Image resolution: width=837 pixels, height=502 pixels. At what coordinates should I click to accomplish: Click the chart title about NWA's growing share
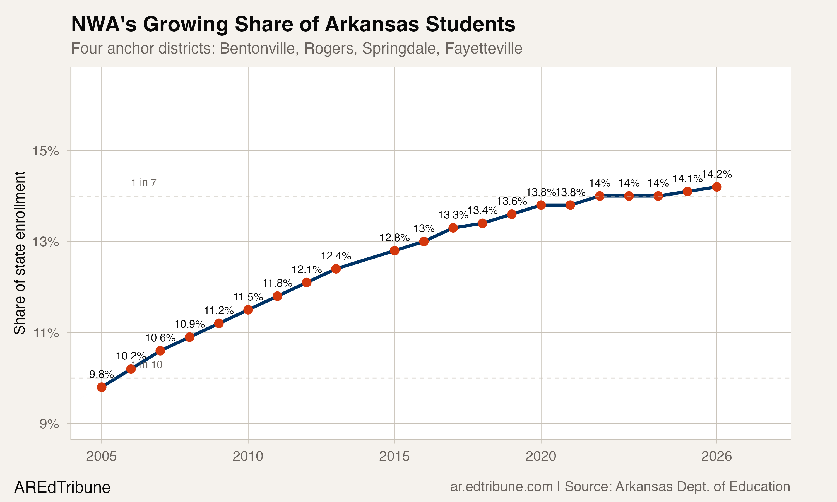click(293, 24)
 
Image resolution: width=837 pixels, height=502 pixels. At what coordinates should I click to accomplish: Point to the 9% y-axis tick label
click(49, 424)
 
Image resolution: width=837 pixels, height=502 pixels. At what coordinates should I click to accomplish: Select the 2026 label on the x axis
click(716, 456)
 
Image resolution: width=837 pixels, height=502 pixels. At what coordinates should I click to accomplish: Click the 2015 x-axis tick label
click(394, 456)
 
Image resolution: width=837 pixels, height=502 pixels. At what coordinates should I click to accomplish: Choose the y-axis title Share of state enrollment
click(20, 253)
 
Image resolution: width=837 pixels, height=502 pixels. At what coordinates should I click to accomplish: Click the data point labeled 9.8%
click(102, 387)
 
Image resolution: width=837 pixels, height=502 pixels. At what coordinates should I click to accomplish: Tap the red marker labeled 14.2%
click(716, 187)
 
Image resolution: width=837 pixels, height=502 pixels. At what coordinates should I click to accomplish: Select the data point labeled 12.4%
click(336, 269)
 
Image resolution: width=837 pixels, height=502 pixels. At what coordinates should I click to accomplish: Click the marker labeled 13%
click(424, 242)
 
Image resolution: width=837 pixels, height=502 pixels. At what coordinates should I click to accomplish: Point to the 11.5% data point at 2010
click(248, 310)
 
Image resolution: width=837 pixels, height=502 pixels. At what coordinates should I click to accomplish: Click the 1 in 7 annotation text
click(143, 183)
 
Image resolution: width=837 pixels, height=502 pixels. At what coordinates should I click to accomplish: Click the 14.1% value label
click(687, 178)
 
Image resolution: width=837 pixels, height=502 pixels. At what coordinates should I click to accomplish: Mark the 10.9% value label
click(189, 324)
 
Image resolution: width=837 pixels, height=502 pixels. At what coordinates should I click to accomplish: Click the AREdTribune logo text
click(62, 487)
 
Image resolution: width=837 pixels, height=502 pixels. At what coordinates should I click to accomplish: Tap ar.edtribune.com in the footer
click(501, 487)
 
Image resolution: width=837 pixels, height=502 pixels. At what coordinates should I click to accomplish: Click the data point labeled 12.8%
click(395, 251)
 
